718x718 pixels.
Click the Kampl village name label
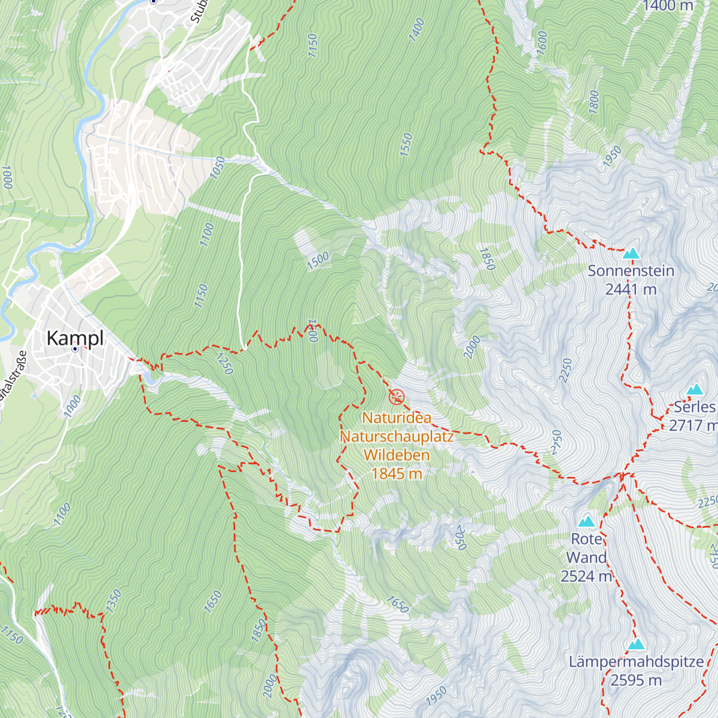(x=75, y=338)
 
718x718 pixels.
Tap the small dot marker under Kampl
(x=75, y=348)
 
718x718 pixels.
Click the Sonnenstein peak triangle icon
(x=631, y=254)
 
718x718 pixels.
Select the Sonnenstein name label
(x=631, y=271)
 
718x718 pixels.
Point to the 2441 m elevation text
(x=631, y=290)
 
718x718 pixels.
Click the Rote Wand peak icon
(x=586, y=521)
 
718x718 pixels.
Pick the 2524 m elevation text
(x=586, y=576)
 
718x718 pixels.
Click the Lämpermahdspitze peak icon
(x=636, y=644)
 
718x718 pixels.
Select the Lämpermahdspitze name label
(x=636, y=662)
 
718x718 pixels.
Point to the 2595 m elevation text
(x=636, y=680)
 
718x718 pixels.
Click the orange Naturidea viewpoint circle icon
(x=396, y=396)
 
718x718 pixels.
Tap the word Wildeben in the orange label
(x=396, y=455)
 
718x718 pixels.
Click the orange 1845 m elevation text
(x=396, y=474)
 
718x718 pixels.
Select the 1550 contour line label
(x=406, y=145)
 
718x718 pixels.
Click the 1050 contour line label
(x=218, y=168)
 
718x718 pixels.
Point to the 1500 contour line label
(x=318, y=261)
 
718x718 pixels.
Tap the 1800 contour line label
(x=594, y=102)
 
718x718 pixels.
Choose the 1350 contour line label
(x=113, y=601)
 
